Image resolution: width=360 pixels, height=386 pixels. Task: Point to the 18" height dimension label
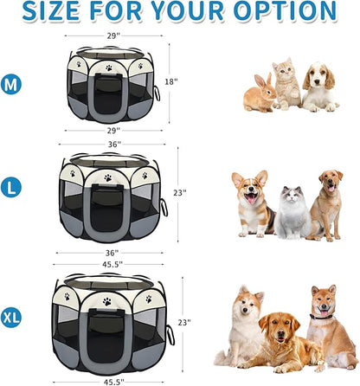click(x=170, y=81)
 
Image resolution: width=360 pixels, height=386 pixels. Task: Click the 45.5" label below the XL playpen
click(x=113, y=379)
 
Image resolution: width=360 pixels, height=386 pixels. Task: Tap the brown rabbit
click(x=259, y=93)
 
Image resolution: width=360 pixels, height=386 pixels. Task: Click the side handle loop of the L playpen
click(x=164, y=209)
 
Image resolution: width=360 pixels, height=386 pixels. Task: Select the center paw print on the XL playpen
click(x=107, y=301)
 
